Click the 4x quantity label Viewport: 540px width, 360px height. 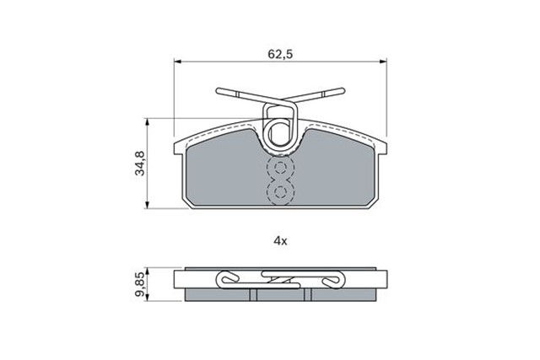[280, 240]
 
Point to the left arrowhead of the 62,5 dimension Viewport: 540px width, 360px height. [177, 62]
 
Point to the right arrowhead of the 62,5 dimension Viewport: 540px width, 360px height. [384, 62]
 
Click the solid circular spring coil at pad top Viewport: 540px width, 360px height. [279, 132]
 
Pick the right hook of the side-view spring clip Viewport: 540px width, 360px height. [336, 280]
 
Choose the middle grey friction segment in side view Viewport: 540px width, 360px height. [280, 295]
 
